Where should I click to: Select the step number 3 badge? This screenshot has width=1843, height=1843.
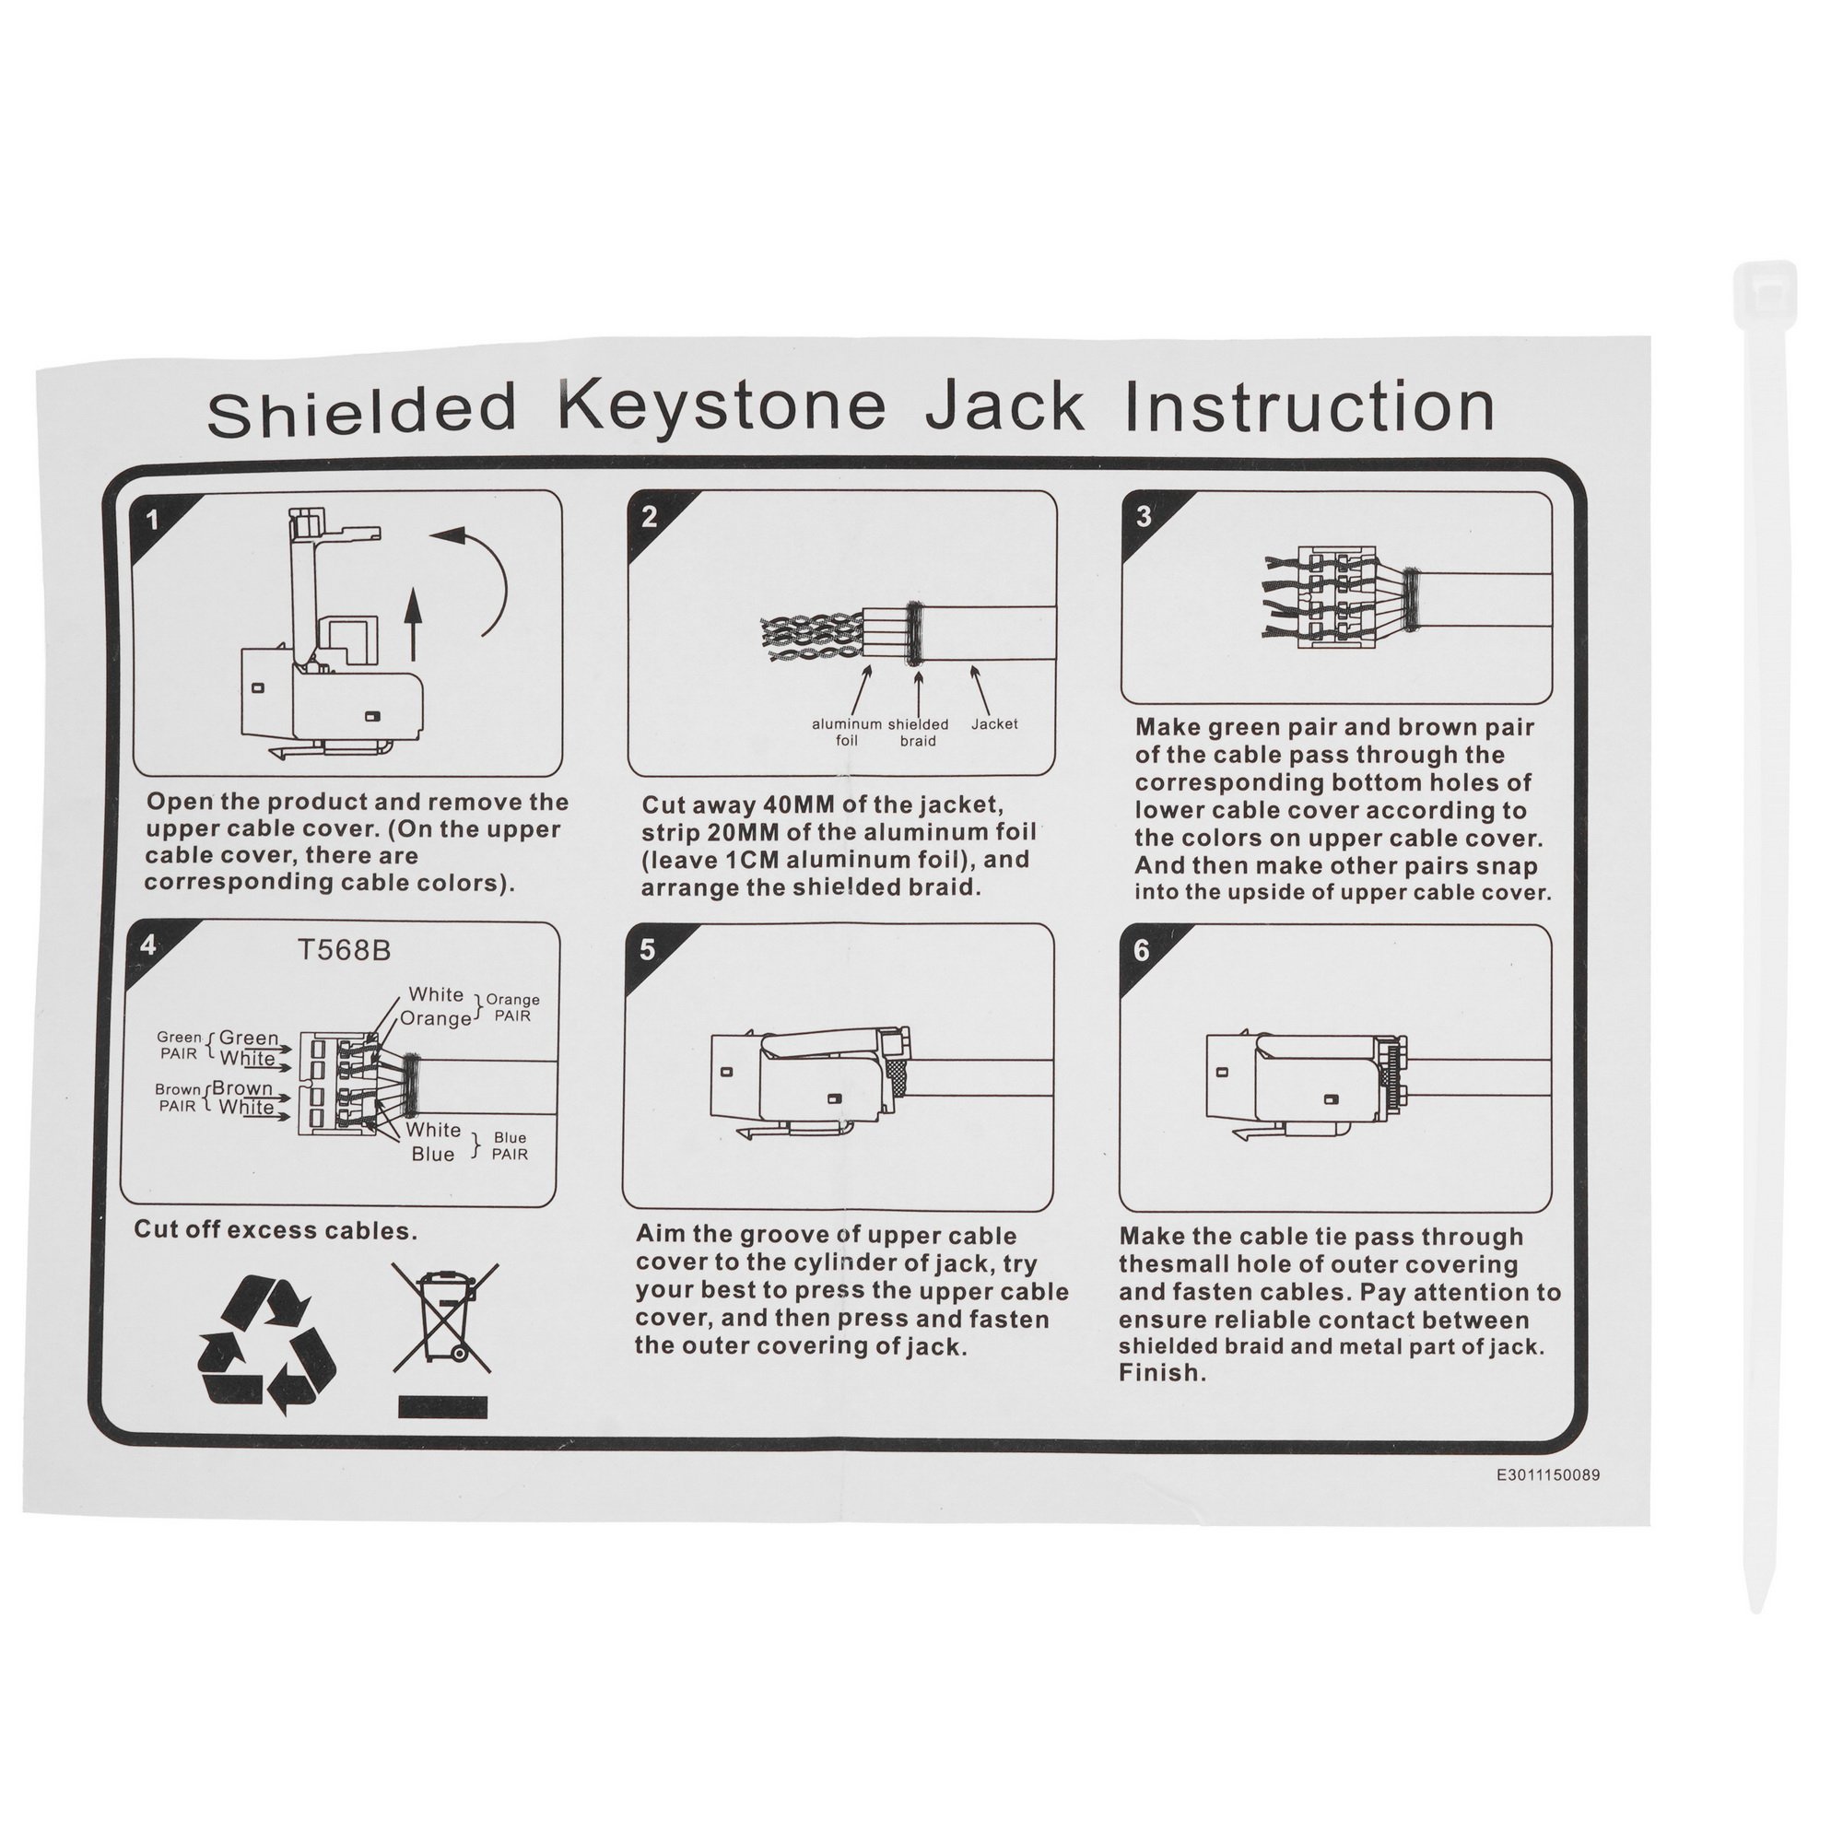(1144, 518)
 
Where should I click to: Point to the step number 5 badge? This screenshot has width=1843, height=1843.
(649, 950)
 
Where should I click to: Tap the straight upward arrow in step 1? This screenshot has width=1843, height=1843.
(412, 624)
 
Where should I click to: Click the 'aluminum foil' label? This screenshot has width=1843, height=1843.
(847, 732)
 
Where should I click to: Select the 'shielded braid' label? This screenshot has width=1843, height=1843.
(918, 732)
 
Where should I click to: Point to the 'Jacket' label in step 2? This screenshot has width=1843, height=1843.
(994, 724)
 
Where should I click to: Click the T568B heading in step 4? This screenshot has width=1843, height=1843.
(344, 951)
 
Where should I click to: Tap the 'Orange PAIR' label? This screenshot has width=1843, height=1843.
(513, 1007)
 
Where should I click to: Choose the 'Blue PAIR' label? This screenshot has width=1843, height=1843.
(510, 1145)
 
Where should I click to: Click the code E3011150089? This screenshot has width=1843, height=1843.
(1548, 1474)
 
